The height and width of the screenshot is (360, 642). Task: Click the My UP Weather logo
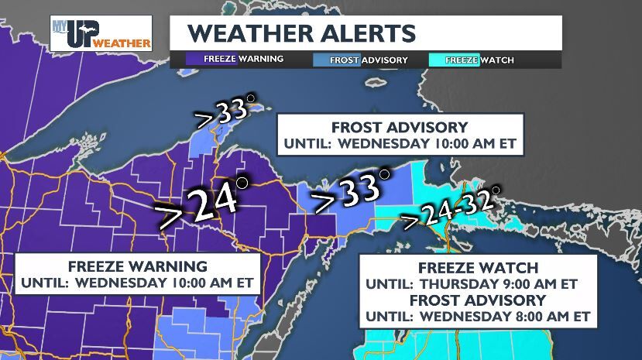101,33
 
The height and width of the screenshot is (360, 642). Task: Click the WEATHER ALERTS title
301,33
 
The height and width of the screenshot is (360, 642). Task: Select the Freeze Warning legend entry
235,59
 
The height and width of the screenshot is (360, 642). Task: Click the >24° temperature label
200,203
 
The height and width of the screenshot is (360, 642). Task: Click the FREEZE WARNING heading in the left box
136,267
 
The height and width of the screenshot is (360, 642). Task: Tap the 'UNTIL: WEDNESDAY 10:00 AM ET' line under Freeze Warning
136,283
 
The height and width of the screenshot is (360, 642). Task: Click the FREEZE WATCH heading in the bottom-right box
475,268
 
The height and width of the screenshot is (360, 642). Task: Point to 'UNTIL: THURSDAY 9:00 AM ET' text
475,284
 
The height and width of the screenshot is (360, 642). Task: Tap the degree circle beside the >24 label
242,183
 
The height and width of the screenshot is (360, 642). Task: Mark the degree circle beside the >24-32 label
496,189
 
